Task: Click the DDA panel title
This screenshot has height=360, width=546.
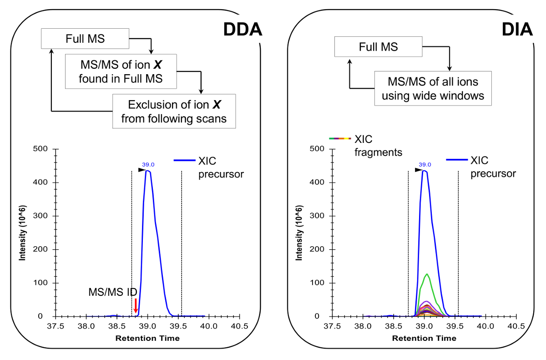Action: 242,30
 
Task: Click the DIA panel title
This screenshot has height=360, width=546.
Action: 517,30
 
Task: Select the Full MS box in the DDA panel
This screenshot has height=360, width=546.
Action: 85,39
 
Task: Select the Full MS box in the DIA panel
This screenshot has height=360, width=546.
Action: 378,47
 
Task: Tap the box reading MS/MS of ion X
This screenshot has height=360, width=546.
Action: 121,72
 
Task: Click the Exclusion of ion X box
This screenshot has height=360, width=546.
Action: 174,112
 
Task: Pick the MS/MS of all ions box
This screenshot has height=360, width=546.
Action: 433,89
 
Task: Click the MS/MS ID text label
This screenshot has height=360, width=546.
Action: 111,292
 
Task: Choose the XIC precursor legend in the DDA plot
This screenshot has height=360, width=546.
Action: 209,167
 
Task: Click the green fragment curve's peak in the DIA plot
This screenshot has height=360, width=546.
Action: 427,274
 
